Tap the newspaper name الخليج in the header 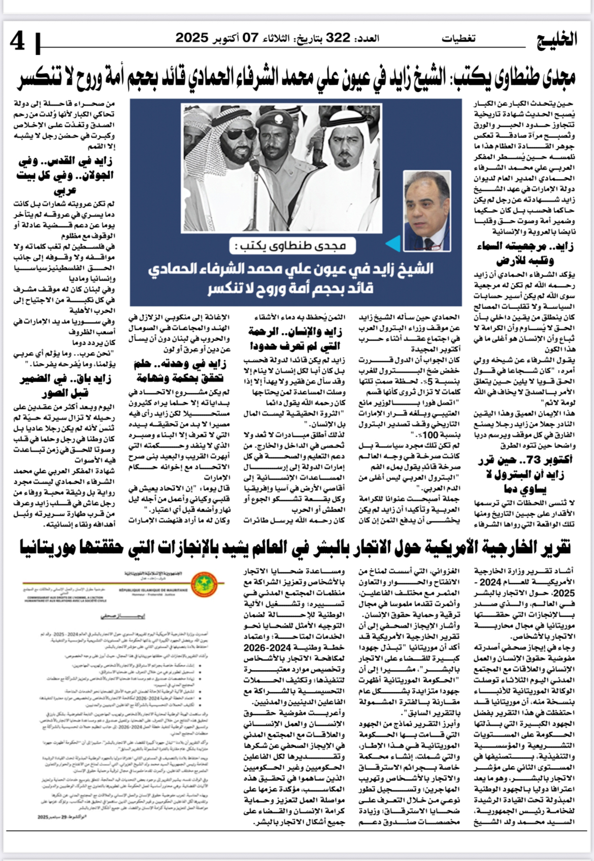(x=557, y=39)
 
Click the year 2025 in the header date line (x=192, y=38)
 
